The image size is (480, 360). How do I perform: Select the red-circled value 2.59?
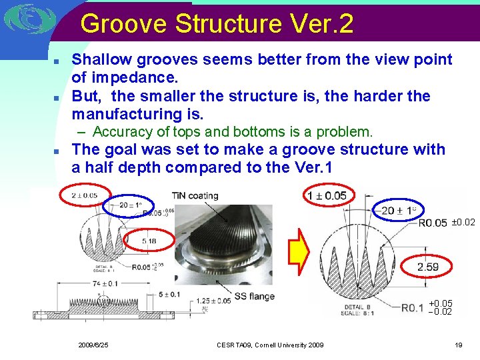click(429, 267)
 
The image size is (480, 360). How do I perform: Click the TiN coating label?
click(195, 195)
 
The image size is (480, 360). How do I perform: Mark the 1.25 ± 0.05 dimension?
click(214, 301)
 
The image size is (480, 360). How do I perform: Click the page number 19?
click(458, 345)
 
